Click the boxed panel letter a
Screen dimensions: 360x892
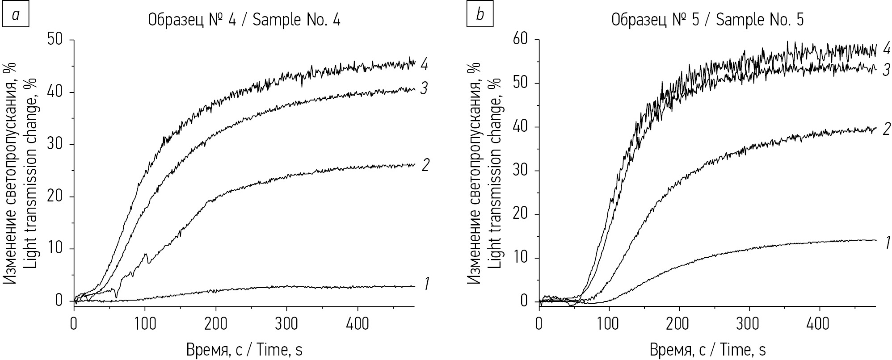(16, 16)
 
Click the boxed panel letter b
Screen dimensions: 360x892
(480, 16)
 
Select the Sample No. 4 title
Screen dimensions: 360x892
(244, 20)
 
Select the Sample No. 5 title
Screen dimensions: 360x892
(707, 20)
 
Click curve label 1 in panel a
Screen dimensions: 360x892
(426, 283)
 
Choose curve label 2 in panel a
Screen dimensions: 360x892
(425, 165)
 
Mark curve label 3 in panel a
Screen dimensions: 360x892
(425, 88)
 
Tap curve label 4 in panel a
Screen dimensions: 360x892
(425, 64)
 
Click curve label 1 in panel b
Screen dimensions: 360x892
(888, 243)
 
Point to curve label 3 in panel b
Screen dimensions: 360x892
(887, 71)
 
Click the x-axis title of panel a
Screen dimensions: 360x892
(244, 350)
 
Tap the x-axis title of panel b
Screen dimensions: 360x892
(707, 350)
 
